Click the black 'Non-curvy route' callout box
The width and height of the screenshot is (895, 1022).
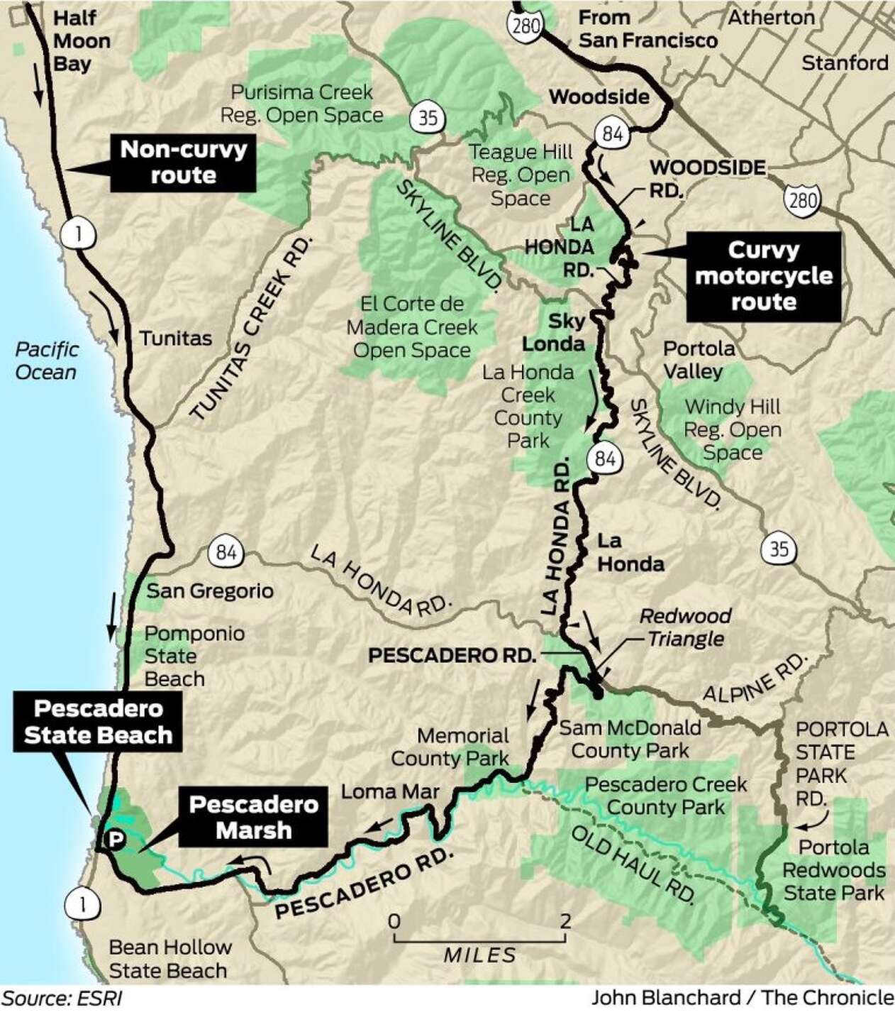pyautogui.click(x=183, y=162)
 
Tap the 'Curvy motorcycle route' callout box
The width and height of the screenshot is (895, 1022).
pyautogui.click(x=763, y=276)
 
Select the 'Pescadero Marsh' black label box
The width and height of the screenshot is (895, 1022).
pyautogui.click(x=253, y=817)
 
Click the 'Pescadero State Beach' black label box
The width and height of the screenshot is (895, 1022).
pyautogui.click(x=98, y=722)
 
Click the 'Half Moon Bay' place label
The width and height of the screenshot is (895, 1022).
pyautogui.click(x=82, y=40)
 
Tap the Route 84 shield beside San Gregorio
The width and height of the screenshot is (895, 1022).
pyautogui.click(x=226, y=551)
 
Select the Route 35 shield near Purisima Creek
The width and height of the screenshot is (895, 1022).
pyautogui.click(x=428, y=116)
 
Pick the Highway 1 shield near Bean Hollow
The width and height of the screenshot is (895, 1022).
pyautogui.click(x=78, y=903)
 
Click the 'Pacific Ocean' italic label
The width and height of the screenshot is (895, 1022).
pyautogui.click(x=47, y=361)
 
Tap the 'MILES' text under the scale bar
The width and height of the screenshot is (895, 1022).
pyautogui.click(x=480, y=955)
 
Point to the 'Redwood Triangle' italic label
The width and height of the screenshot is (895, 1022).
pyautogui.click(x=685, y=627)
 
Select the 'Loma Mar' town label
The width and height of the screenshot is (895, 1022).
pyautogui.click(x=390, y=791)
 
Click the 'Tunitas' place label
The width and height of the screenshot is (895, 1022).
pyautogui.click(x=175, y=338)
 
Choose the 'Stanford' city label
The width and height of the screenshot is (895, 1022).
pyautogui.click(x=845, y=63)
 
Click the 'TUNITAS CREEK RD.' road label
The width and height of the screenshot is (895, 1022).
pyautogui.click(x=252, y=330)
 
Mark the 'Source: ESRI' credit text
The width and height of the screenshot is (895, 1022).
pyautogui.click(x=62, y=999)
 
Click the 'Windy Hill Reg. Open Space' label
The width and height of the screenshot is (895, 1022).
pyautogui.click(x=733, y=429)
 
